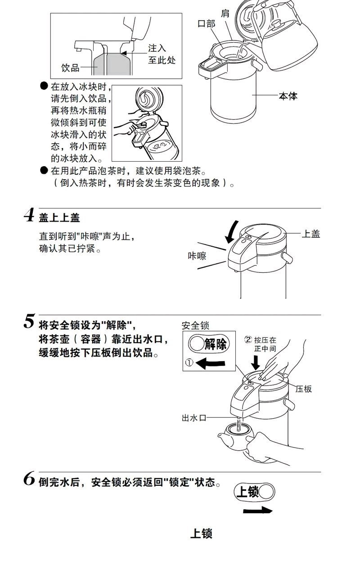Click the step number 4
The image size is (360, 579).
click(29, 215)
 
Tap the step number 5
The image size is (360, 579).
click(29, 322)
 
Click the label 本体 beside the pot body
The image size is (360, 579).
click(288, 96)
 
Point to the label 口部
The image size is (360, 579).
click(207, 23)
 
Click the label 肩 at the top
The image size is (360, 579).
click(225, 13)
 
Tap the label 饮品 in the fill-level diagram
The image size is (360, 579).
click(71, 68)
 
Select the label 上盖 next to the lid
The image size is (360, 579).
click(310, 234)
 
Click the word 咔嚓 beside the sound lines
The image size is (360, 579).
click(197, 256)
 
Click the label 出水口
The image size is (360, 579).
click(194, 418)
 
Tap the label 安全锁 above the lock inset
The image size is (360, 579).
click(195, 325)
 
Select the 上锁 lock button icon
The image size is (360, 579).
click(254, 492)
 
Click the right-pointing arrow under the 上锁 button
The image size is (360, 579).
click(257, 510)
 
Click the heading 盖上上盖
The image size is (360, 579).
click(59, 217)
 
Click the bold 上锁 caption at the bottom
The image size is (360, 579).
click(201, 534)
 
